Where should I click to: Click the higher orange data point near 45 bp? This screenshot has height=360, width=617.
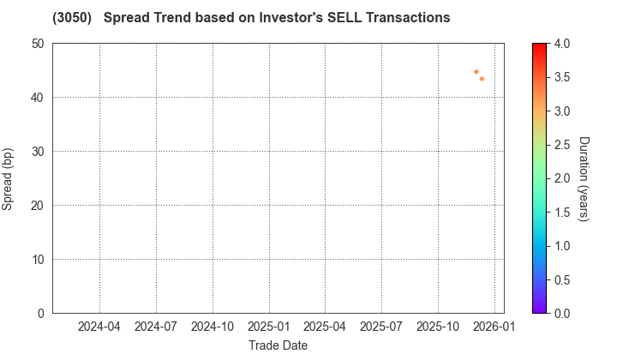pos(476,72)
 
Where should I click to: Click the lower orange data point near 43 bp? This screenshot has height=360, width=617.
pos(482,79)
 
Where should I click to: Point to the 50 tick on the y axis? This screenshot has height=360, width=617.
pos(39,44)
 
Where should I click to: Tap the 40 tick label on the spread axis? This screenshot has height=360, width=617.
pos(39,98)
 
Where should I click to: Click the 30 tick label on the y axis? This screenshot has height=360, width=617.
pos(39,152)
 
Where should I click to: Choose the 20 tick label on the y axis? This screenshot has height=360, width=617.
pos(39,206)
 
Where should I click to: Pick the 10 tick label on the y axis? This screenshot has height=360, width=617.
pos(39,260)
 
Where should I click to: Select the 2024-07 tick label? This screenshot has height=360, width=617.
pos(156,327)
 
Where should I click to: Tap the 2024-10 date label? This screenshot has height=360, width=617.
pos(213,327)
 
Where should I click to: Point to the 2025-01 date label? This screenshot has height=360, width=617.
pos(269,327)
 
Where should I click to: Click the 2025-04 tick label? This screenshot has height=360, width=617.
pos(325,327)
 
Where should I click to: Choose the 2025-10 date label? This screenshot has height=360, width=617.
pos(438,327)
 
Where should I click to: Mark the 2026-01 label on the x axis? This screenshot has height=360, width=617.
pos(494,327)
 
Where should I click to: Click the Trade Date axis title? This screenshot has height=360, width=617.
pos(278,345)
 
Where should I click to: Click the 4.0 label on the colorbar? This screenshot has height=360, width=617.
pos(562,44)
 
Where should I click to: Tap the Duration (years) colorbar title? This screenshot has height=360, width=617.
pos(584,178)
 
